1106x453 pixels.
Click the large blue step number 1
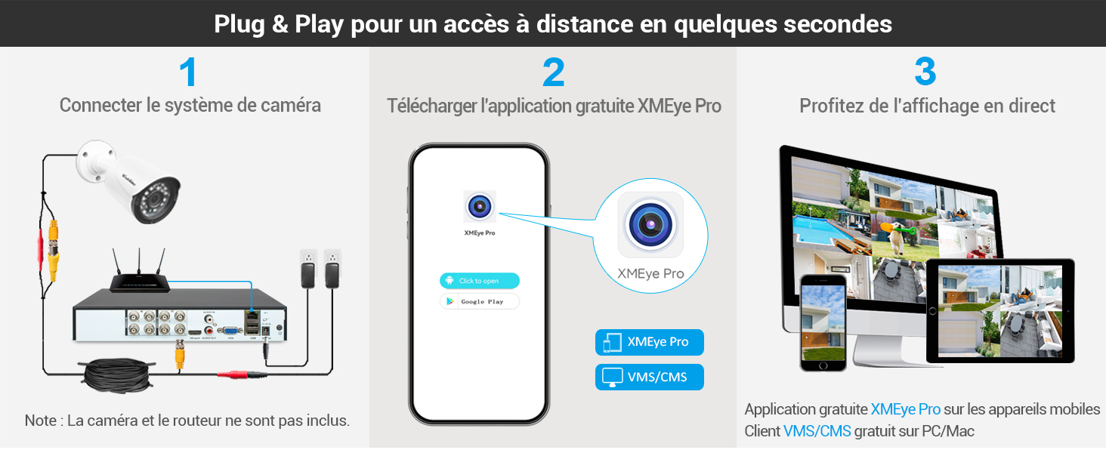pos(188,72)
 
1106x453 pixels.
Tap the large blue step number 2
pos(553,72)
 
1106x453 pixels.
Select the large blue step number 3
pos(925,72)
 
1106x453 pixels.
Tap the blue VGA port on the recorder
pos(226,330)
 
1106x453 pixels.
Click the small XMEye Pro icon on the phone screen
pos(480,207)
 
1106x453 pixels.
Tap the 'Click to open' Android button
pos(480,281)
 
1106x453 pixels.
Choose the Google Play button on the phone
pos(480,301)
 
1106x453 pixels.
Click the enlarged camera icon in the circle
pos(650,224)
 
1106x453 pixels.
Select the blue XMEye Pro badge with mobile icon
pos(649,342)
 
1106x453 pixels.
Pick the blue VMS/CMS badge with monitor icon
pos(649,377)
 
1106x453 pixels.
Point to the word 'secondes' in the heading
pos(837,23)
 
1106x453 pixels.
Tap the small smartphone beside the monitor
pos(822,322)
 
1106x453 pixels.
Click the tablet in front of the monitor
pos(999,310)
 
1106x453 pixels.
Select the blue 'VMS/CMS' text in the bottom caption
pos(817,432)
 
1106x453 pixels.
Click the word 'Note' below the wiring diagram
pos(41,421)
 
